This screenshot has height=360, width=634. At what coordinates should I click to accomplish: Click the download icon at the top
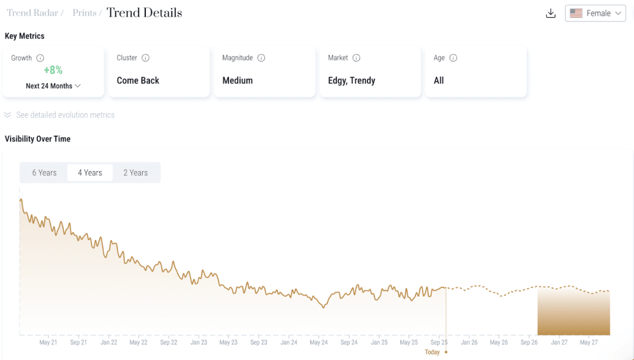click(550, 14)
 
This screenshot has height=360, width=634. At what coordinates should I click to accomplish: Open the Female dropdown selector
click(595, 14)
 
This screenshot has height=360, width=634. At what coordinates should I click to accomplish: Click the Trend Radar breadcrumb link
click(33, 13)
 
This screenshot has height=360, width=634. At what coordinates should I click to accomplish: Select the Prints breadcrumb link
click(84, 13)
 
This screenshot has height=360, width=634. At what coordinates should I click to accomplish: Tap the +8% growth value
click(53, 70)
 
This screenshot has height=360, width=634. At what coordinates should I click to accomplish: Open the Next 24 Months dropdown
click(53, 86)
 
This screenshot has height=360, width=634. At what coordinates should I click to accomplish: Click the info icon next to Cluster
click(145, 58)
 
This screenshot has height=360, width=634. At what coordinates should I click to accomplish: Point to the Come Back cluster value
click(138, 81)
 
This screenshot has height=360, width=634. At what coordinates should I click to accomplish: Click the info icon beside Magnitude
click(261, 58)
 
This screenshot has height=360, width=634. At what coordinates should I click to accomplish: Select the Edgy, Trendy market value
click(351, 81)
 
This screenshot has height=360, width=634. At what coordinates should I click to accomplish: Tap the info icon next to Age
click(453, 58)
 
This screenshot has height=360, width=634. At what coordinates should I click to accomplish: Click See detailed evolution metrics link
click(65, 115)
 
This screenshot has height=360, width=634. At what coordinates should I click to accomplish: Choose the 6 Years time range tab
click(44, 172)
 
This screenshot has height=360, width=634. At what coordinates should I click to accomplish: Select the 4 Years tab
click(90, 172)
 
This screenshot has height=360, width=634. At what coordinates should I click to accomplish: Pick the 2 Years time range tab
click(135, 172)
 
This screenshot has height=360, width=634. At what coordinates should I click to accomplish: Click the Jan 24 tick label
click(289, 342)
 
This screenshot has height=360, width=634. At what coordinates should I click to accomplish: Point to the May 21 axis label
click(48, 342)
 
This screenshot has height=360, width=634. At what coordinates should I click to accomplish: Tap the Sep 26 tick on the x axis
click(529, 342)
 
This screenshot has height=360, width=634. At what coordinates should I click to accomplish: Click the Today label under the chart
click(432, 353)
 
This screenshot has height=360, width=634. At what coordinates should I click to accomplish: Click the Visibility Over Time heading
click(38, 139)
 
